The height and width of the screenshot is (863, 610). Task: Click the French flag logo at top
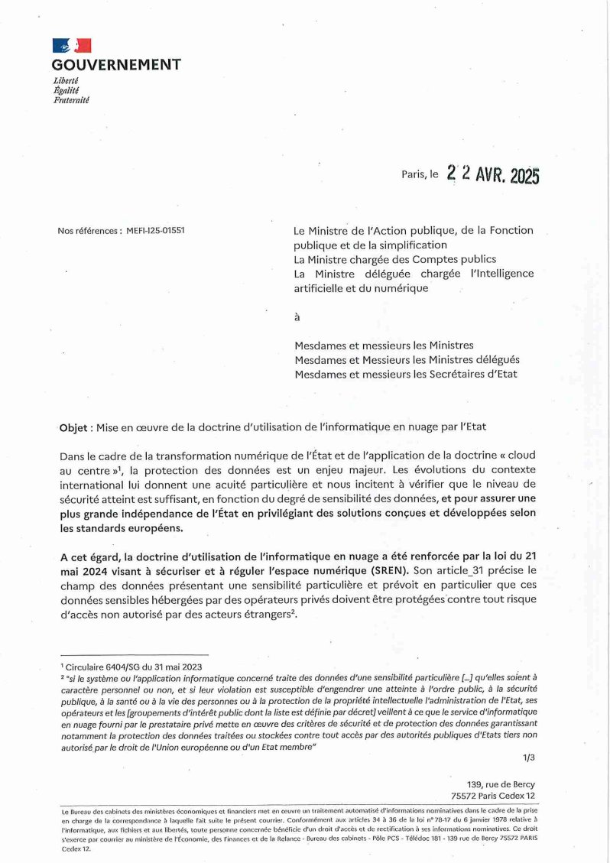coord(72,46)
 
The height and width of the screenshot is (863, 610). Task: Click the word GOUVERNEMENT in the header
coord(116,65)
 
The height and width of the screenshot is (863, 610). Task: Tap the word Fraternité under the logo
coord(71,100)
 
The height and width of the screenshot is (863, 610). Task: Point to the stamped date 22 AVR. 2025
coord(493,174)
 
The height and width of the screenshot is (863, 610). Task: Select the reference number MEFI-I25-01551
coord(154,230)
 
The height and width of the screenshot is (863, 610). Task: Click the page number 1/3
coord(529,758)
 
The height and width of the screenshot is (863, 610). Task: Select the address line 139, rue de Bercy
coord(501,784)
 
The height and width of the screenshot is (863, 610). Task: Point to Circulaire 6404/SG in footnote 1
coord(99,667)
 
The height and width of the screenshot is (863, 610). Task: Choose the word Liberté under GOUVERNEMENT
coord(66,81)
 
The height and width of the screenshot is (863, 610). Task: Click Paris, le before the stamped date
coord(420,174)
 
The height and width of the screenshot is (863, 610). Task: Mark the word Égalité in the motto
coord(66,90)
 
